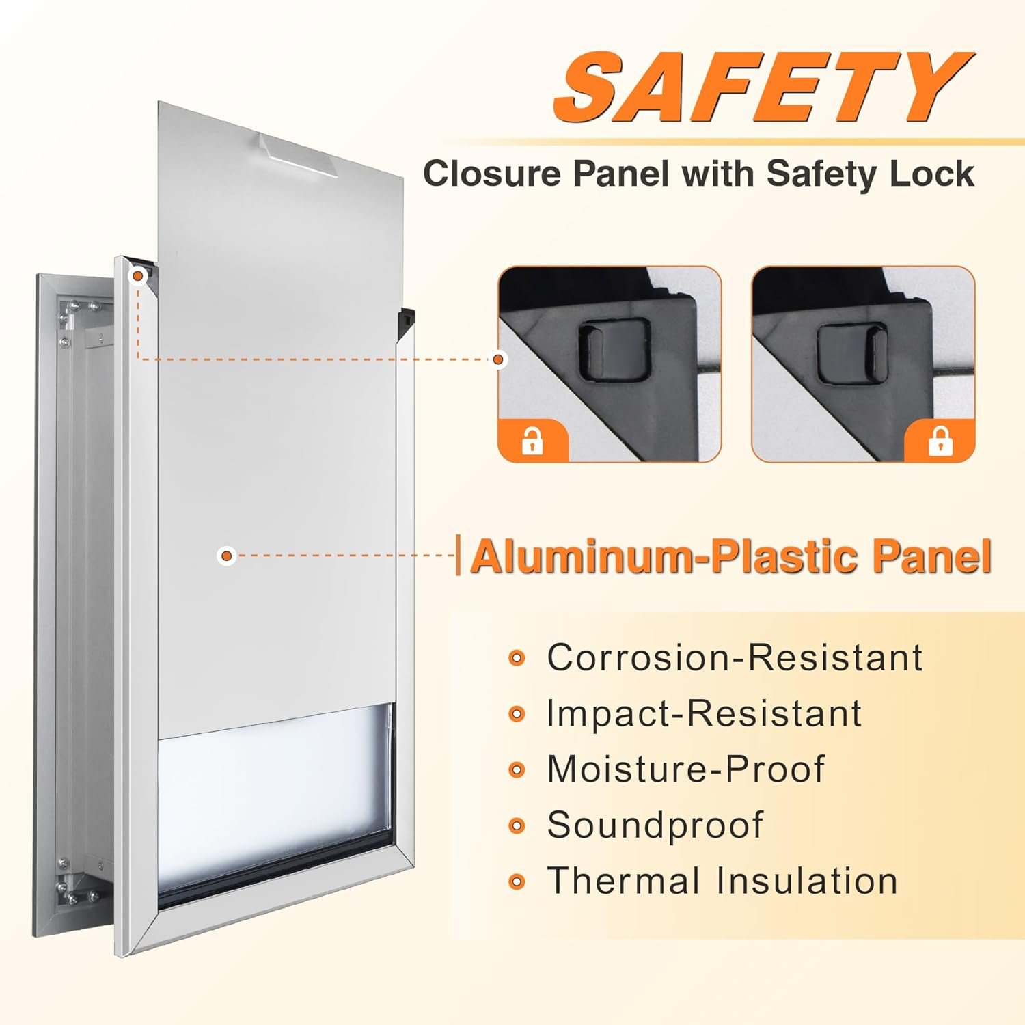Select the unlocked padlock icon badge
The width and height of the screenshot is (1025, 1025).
click(x=532, y=441)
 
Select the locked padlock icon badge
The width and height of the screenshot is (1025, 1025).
click(x=940, y=441)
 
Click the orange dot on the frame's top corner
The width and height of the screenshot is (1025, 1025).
click(x=139, y=275)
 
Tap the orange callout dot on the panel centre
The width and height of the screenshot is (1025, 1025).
click(x=227, y=556)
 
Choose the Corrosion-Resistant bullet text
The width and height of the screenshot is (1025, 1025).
click(x=735, y=657)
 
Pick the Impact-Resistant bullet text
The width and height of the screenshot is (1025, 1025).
click(x=704, y=713)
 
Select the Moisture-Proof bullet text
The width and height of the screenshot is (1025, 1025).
click(x=686, y=769)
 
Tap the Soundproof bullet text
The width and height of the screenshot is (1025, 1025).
click(x=655, y=825)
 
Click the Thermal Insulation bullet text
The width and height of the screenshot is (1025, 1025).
click(x=722, y=880)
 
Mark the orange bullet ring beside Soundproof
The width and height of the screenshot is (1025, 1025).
click(x=517, y=826)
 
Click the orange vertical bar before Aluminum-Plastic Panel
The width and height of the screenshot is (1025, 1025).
click(x=459, y=556)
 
